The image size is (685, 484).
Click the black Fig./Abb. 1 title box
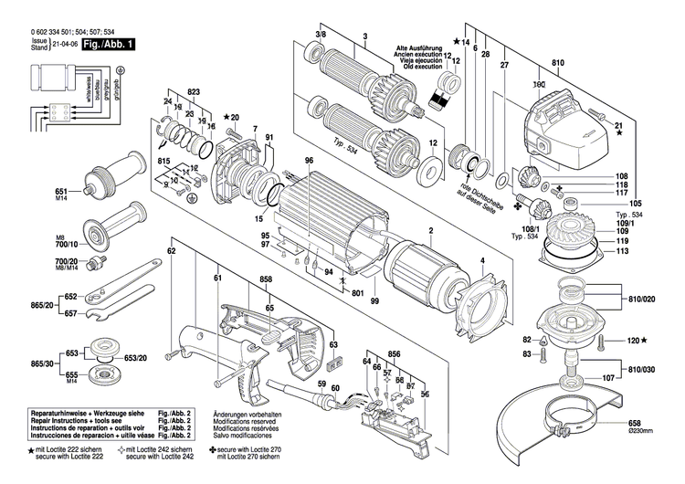point(109,43)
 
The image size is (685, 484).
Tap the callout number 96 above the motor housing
point(310,162)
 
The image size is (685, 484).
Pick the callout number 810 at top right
point(559,63)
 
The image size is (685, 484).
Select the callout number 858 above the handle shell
point(266,278)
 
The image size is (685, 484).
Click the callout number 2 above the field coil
point(429,231)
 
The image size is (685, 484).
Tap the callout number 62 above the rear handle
point(171,250)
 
